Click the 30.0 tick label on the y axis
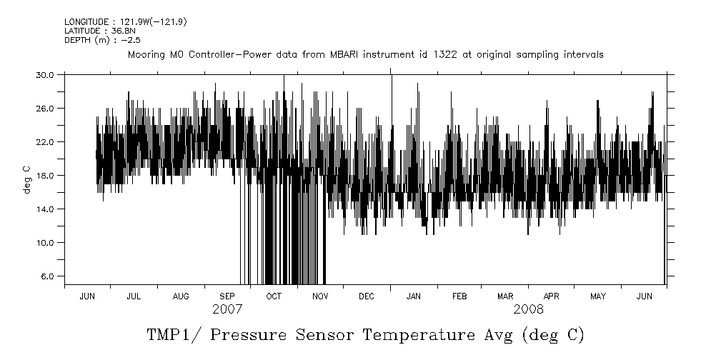click(x=45, y=74)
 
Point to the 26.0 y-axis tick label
click(x=45, y=108)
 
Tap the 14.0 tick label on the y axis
click(x=45, y=209)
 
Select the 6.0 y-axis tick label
click(x=47, y=276)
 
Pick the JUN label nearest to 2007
click(x=88, y=296)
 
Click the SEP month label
click(x=227, y=296)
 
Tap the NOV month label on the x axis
click(x=319, y=296)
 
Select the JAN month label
click(x=413, y=296)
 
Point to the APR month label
click(x=551, y=296)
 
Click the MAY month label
click(x=597, y=296)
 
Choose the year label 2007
click(x=227, y=309)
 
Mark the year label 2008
click(x=528, y=309)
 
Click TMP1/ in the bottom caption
click(x=173, y=335)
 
